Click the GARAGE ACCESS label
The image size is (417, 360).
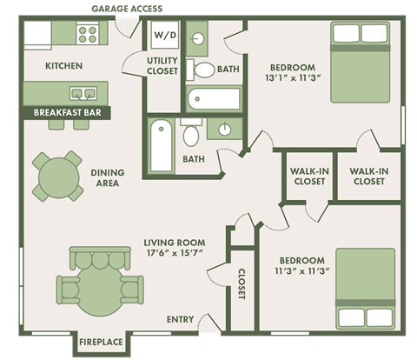pyautogui.click(x=127, y=10)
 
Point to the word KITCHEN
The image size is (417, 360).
pyautogui.click(x=63, y=66)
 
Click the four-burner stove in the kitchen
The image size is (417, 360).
pyautogui.click(x=88, y=34)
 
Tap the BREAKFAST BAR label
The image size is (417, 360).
pyautogui.click(x=66, y=112)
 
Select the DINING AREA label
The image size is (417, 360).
pyautogui.click(x=107, y=178)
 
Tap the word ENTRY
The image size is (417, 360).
pyautogui.click(x=180, y=320)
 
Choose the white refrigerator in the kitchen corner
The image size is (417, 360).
pyautogui.click(x=37, y=35)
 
